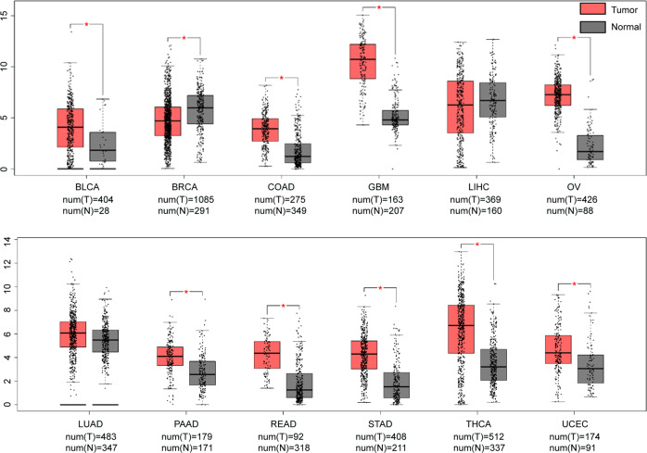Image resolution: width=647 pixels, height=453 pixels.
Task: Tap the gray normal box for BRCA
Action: pyautogui.click(x=200, y=109)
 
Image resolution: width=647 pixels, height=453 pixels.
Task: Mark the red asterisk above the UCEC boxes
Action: pyautogui.click(x=575, y=285)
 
